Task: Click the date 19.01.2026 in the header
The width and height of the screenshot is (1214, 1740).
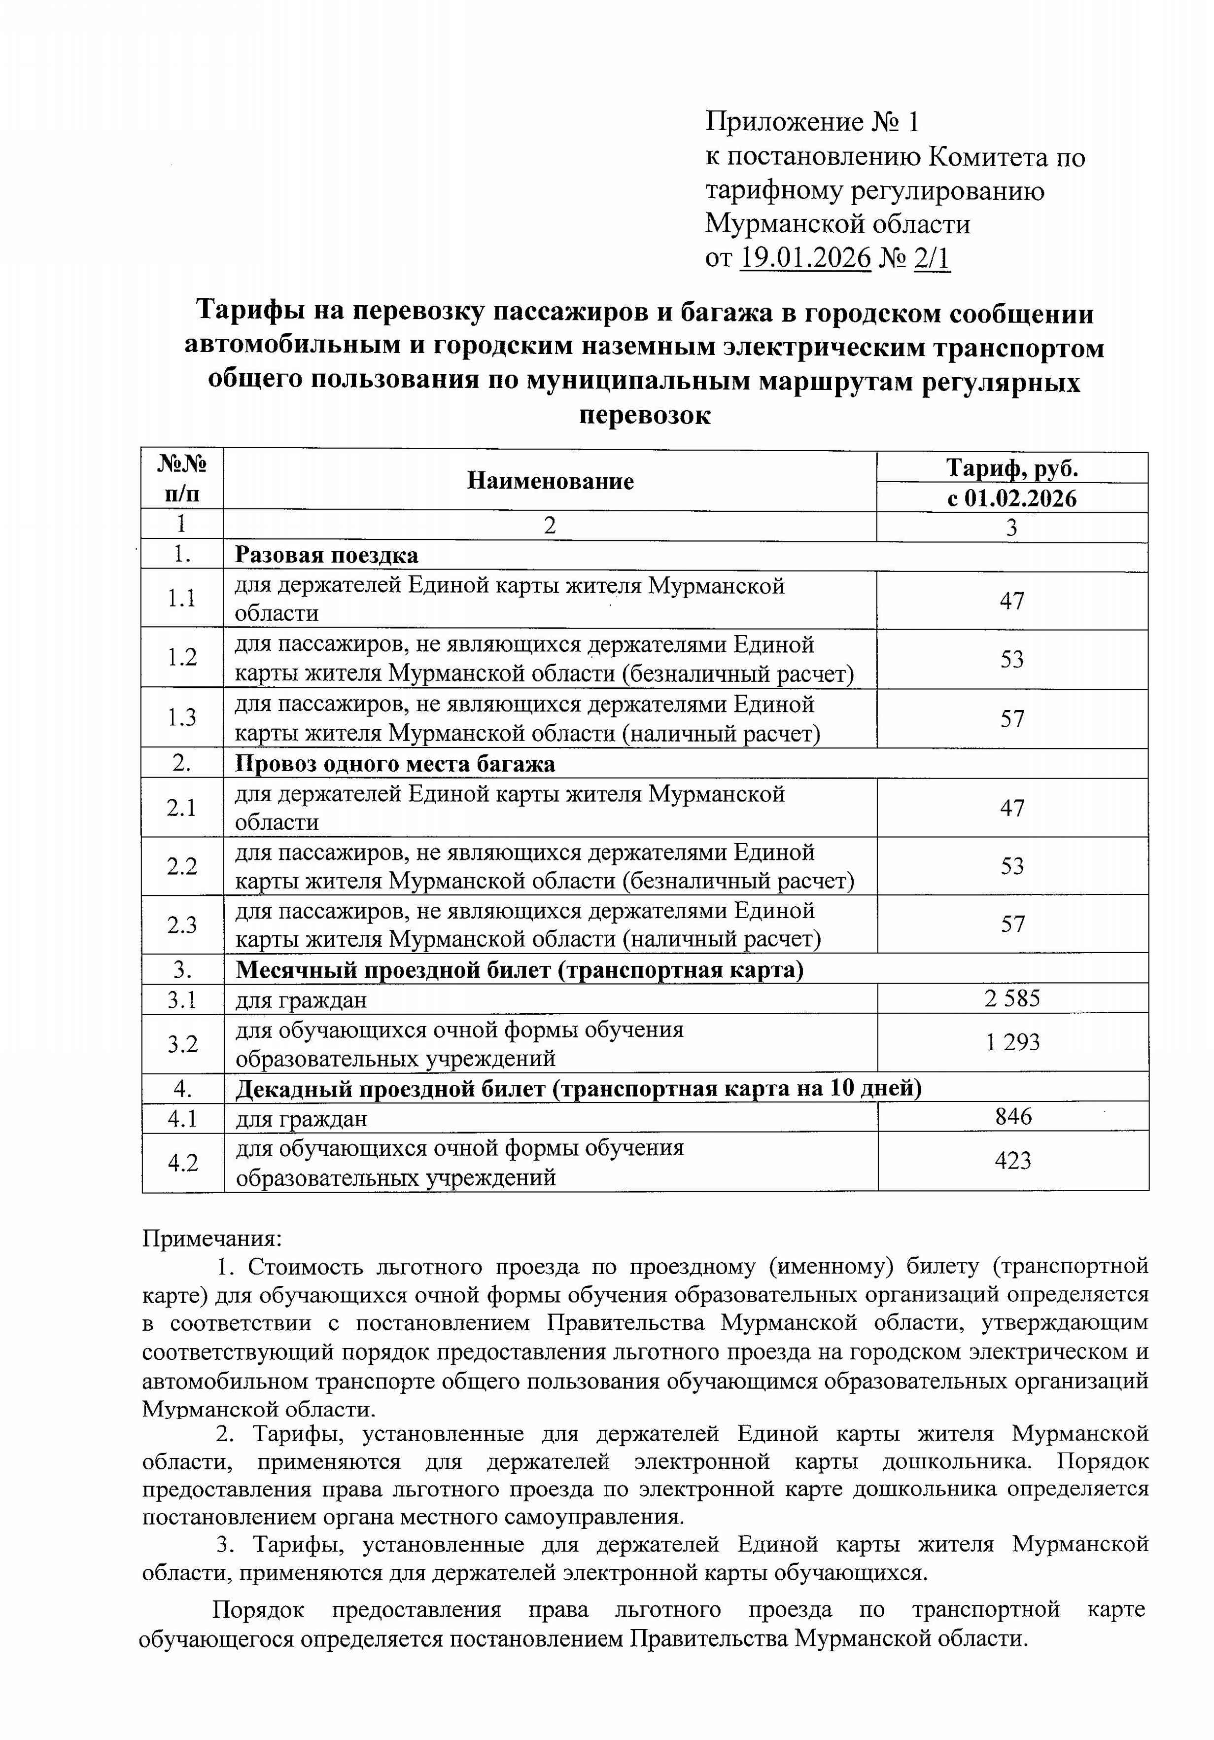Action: (805, 258)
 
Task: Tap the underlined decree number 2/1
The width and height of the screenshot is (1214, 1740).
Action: (932, 258)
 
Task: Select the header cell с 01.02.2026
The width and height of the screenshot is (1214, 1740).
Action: (1011, 498)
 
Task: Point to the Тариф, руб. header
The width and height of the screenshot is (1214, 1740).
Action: (1011, 468)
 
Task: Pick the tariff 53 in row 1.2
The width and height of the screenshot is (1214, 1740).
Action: (1011, 659)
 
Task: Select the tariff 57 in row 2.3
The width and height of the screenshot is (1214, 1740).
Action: (1012, 924)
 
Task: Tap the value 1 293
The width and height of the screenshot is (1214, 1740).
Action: (1012, 1042)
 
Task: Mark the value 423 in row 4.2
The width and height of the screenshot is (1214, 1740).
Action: (1013, 1160)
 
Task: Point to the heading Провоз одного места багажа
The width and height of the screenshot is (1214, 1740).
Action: (395, 763)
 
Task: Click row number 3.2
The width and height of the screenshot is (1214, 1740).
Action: (183, 1043)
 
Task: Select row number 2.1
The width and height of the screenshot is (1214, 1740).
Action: (182, 808)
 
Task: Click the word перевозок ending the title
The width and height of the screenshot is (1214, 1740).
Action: (645, 415)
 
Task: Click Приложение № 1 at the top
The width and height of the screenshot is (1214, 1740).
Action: (812, 121)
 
